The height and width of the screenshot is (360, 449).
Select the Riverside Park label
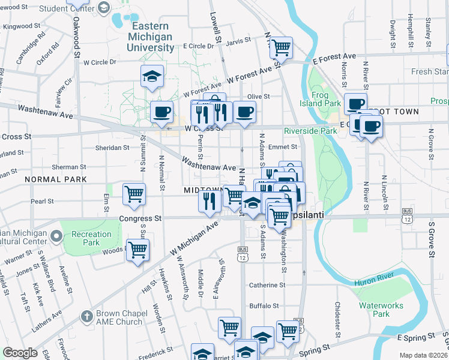coord(310,131)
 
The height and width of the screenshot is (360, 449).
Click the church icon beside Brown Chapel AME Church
coord(87,316)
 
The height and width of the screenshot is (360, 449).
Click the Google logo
coord(20,353)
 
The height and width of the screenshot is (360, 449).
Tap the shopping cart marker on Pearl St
coord(134,194)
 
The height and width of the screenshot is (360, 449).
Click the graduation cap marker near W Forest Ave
coord(152,77)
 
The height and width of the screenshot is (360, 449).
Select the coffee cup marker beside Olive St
coord(244,112)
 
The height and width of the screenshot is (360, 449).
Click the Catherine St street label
coord(267,285)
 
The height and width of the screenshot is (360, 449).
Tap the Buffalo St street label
coord(264,305)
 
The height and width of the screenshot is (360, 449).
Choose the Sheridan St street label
coord(113,147)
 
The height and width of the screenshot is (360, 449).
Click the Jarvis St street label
coord(238,41)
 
